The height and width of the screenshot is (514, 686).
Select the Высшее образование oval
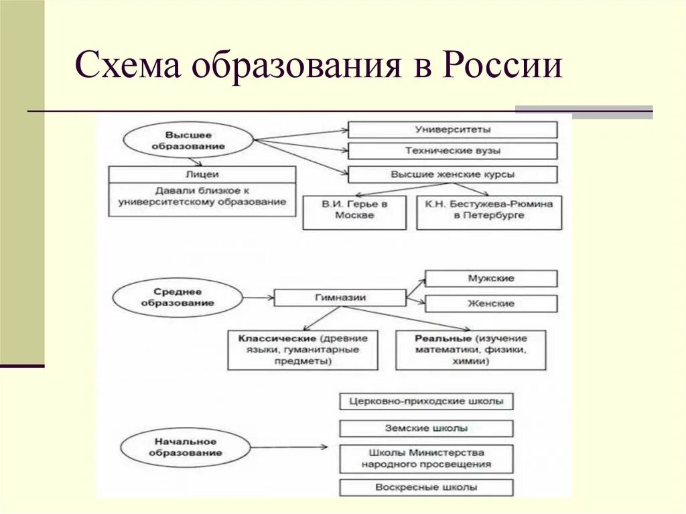tap(187, 141)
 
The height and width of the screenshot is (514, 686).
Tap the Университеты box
tap(452, 129)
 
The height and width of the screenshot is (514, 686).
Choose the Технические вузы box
tap(452, 151)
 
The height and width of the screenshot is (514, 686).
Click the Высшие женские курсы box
tap(452, 174)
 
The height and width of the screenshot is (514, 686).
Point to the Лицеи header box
tap(202, 174)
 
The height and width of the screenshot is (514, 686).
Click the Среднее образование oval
tap(178, 298)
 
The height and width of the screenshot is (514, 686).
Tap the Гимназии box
tap(340, 297)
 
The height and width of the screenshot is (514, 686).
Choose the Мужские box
tap(491, 278)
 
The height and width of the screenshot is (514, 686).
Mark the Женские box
tap(491, 304)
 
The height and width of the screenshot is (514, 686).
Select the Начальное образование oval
tap(186, 448)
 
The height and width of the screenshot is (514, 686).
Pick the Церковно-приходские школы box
tap(426, 402)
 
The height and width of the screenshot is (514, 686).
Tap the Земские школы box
tap(426, 428)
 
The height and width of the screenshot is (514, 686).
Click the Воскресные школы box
tap(426, 487)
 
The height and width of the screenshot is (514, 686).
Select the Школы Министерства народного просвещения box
tap(426, 458)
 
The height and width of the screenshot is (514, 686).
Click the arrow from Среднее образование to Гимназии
tap(259, 297)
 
